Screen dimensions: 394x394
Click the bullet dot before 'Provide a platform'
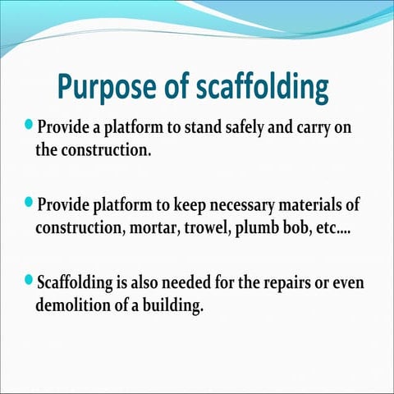coord(30,125)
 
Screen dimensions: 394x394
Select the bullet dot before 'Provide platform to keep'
coord(30,202)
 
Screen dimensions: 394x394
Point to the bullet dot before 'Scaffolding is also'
coord(30,281)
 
